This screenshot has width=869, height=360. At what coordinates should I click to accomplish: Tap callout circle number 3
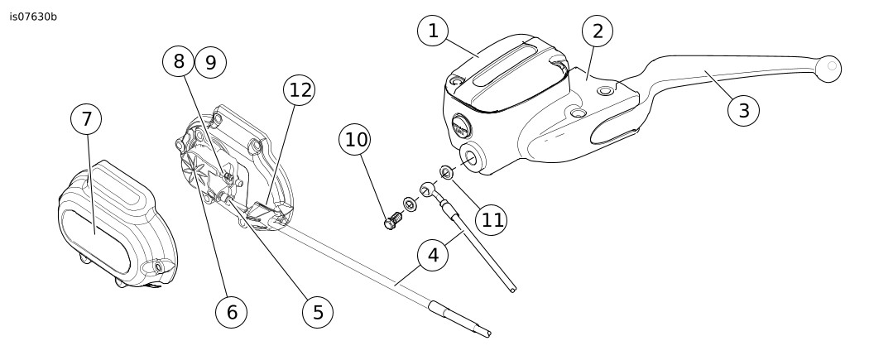pos(743,110)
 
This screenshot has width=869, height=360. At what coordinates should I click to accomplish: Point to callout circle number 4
pos(432,256)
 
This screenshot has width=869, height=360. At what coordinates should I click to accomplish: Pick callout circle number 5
pos(317,311)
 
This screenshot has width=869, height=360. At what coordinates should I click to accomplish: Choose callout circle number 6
pos(231,311)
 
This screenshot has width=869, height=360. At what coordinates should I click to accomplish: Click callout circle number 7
pos(86,119)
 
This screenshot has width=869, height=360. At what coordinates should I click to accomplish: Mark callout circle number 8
pos(179,61)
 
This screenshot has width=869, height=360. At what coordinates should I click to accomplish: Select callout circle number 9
pos(210,61)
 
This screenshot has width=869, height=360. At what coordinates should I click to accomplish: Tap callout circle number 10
pos(356,141)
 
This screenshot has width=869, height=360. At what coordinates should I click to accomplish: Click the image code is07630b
pos(34,16)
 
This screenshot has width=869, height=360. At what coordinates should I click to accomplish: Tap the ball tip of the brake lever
pos(828,67)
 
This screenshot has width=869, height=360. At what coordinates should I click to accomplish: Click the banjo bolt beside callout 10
pos(392,222)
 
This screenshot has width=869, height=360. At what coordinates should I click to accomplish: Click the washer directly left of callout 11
pos(445,173)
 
